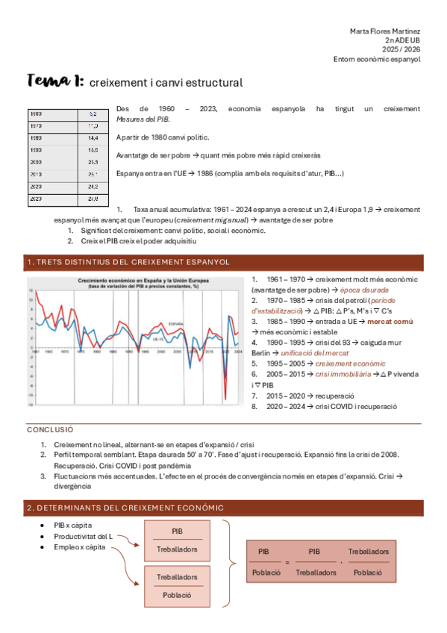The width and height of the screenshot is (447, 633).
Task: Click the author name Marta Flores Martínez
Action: pyautogui.click(x=385, y=30)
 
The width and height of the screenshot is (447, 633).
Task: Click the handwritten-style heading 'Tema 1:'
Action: pyautogui.click(x=54, y=81)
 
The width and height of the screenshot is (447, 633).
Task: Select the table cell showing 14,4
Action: pyautogui.click(x=93, y=138)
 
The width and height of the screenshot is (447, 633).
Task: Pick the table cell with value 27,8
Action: pyautogui.click(x=93, y=198)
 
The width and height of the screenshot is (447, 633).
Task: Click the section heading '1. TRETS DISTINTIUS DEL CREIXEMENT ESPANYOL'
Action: pyautogui.click(x=127, y=262)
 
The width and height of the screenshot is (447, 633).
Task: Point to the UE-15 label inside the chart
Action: pyautogui.click(x=159, y=338)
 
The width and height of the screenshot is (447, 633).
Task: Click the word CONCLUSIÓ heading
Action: pyautogui.click(x=50, y=430)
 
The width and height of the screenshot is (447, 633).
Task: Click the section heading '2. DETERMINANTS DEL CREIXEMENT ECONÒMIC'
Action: pyautogui.click(x=124, y=508)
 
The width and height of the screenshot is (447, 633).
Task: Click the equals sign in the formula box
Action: pyautogui.click(x=287, y=561)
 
